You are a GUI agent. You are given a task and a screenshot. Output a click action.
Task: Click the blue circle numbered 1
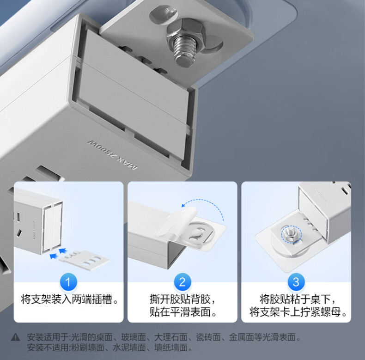click(68, 282)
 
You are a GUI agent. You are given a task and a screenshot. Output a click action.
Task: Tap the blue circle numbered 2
click(182, 282)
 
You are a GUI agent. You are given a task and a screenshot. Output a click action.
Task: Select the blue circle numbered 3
click(296, 282)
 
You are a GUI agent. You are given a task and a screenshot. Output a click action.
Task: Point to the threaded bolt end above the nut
click(184, 52)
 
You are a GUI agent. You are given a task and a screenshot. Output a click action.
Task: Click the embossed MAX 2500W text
click(112, 155)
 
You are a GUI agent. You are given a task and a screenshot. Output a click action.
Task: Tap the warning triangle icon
click(16, 337)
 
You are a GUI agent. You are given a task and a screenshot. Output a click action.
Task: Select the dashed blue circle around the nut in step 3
click(291, 234)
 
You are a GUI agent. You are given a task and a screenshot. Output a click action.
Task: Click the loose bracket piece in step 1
click(84, 260)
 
